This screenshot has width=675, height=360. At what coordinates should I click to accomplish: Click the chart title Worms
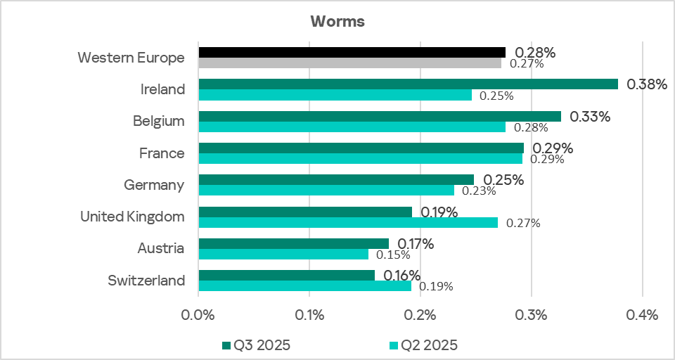pos(337,21)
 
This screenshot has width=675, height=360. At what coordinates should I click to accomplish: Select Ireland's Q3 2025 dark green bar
pos(408,84)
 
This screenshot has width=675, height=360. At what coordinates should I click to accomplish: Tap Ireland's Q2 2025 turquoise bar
pos(335,95)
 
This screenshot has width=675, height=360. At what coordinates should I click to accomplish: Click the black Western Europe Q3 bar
pos(352,52)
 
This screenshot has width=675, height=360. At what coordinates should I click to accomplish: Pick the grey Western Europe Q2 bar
pos(349,63)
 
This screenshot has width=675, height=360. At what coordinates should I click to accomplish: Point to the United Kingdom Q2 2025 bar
pos(348,223)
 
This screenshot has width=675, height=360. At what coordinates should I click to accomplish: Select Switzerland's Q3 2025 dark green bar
pos(286,276)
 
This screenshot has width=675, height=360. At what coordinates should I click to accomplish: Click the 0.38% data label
pos(646,84)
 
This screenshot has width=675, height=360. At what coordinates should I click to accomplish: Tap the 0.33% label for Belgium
pos(590,117)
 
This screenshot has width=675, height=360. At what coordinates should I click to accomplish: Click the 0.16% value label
pos(402,276)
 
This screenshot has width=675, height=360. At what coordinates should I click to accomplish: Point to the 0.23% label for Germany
pos(479,191)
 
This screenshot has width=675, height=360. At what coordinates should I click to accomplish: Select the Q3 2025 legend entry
pos(256,345)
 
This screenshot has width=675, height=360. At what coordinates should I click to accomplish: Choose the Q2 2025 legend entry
pos(423,345)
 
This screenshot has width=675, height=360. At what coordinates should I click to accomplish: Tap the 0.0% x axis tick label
pos(198,314)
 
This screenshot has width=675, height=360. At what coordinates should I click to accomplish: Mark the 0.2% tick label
pos(420,314)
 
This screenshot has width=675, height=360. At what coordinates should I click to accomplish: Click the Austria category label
pos(161,248)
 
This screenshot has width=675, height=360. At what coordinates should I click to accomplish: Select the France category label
pos(162,153)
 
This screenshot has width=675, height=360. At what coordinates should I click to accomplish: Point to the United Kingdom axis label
pos(132,217)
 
